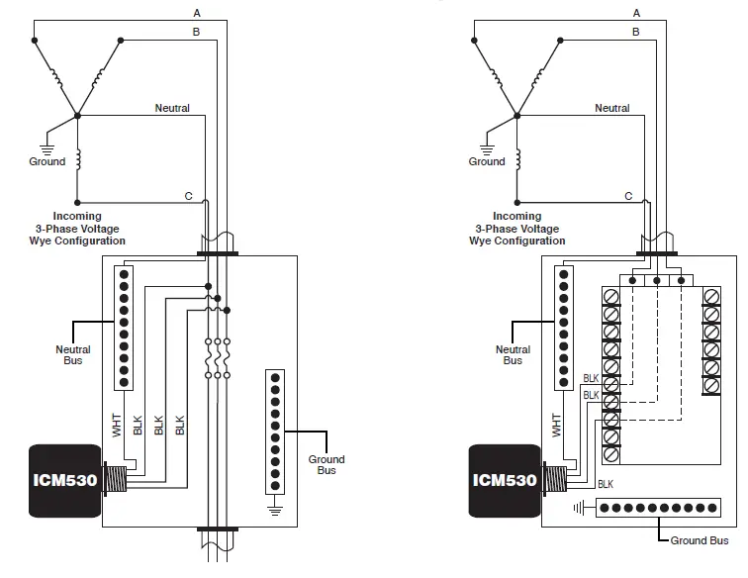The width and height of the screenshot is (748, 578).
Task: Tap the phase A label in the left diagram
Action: (197, 13)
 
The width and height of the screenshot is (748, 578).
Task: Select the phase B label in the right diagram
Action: (636, 32)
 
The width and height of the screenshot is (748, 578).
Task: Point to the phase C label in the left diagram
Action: (188, 196)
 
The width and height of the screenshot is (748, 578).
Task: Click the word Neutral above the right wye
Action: (611, 108)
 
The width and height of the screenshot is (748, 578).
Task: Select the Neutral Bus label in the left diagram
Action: (72, 355)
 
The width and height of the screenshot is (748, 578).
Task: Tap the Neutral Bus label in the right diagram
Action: (513, 355)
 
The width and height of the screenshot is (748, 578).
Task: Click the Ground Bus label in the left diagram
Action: (327, 464)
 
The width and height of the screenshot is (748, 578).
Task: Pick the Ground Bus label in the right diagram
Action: (700, 540)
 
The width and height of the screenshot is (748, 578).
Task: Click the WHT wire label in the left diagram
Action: (116, 426)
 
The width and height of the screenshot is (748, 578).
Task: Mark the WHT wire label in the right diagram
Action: (556, 426)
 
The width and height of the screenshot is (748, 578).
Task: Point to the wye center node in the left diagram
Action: (76, 116)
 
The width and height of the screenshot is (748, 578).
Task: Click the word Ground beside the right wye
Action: (487, 161)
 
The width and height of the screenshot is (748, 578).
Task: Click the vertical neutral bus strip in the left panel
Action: (124, 326)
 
